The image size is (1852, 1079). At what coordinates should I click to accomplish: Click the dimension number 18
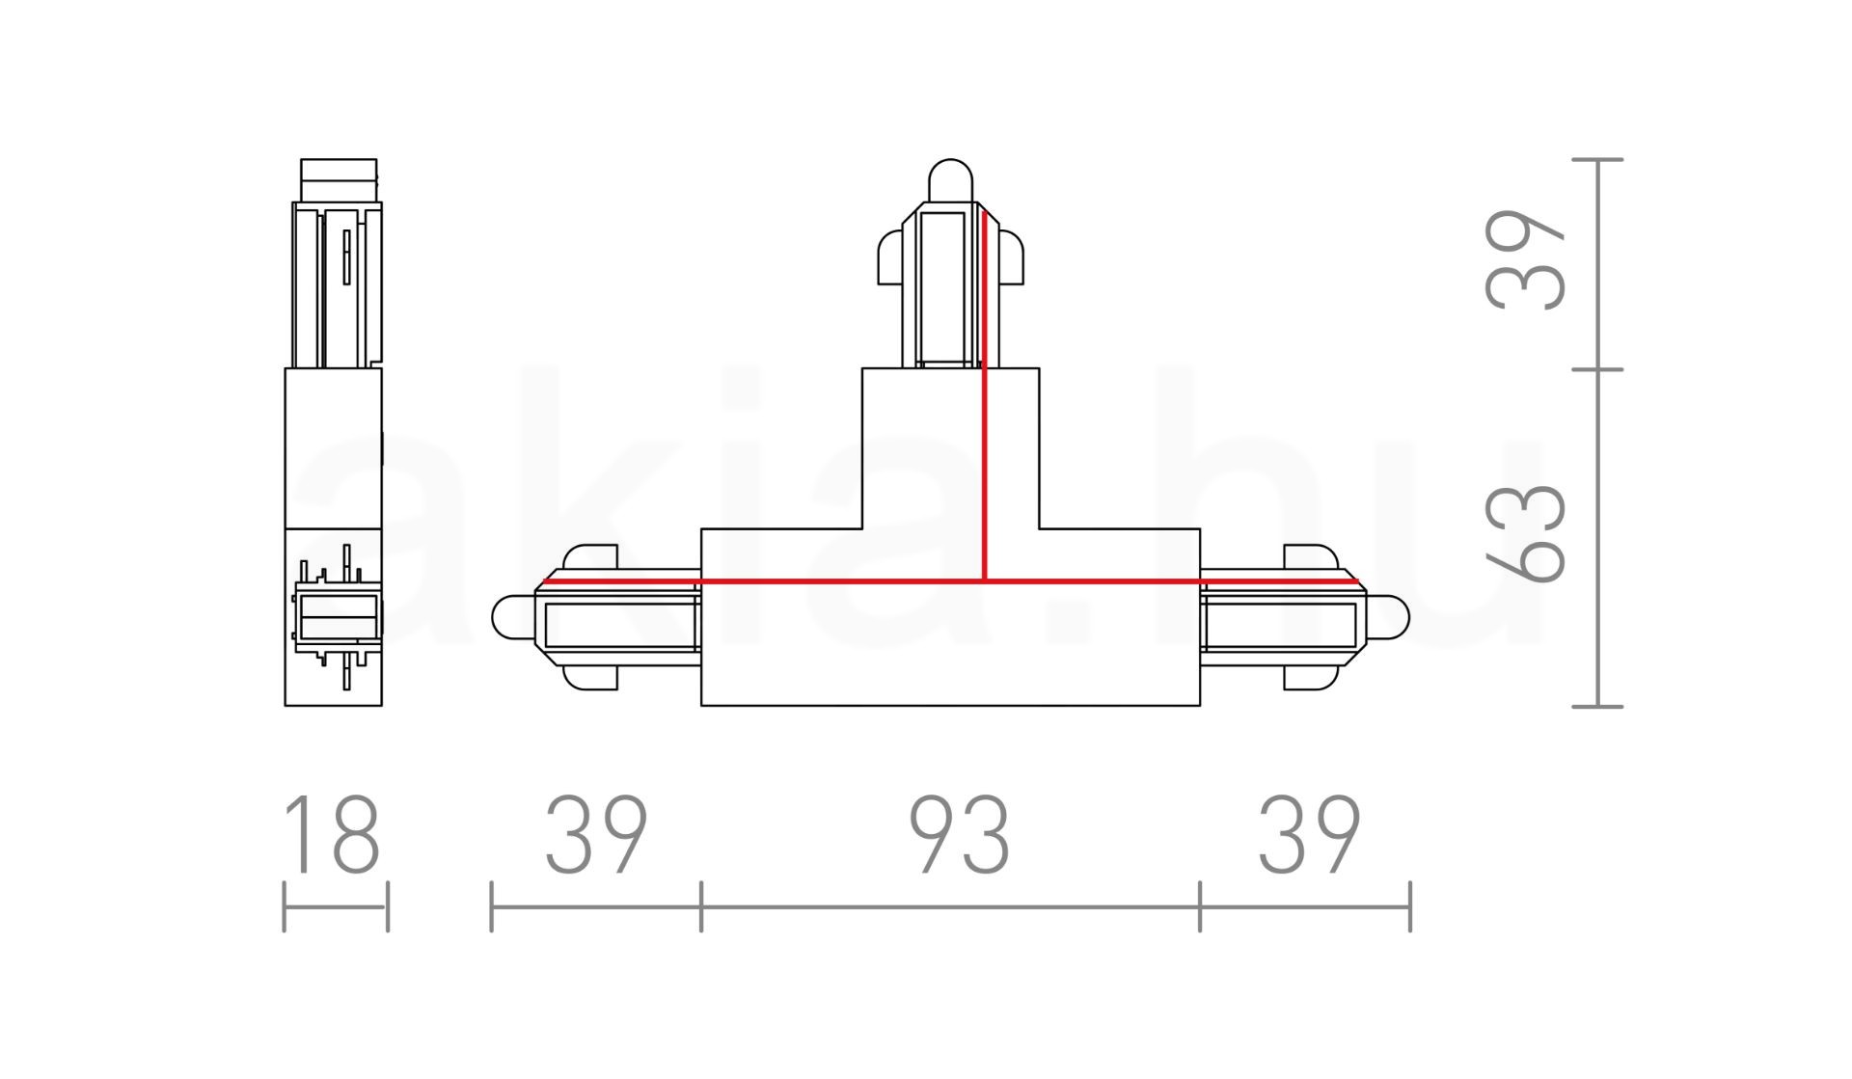(333, 834)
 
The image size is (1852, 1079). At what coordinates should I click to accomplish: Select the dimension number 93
(960, 834)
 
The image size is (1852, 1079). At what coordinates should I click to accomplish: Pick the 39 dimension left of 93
(596, 834)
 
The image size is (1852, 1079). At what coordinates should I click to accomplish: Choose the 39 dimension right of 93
(1309, 834)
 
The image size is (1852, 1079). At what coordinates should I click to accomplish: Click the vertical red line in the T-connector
(984, 395)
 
